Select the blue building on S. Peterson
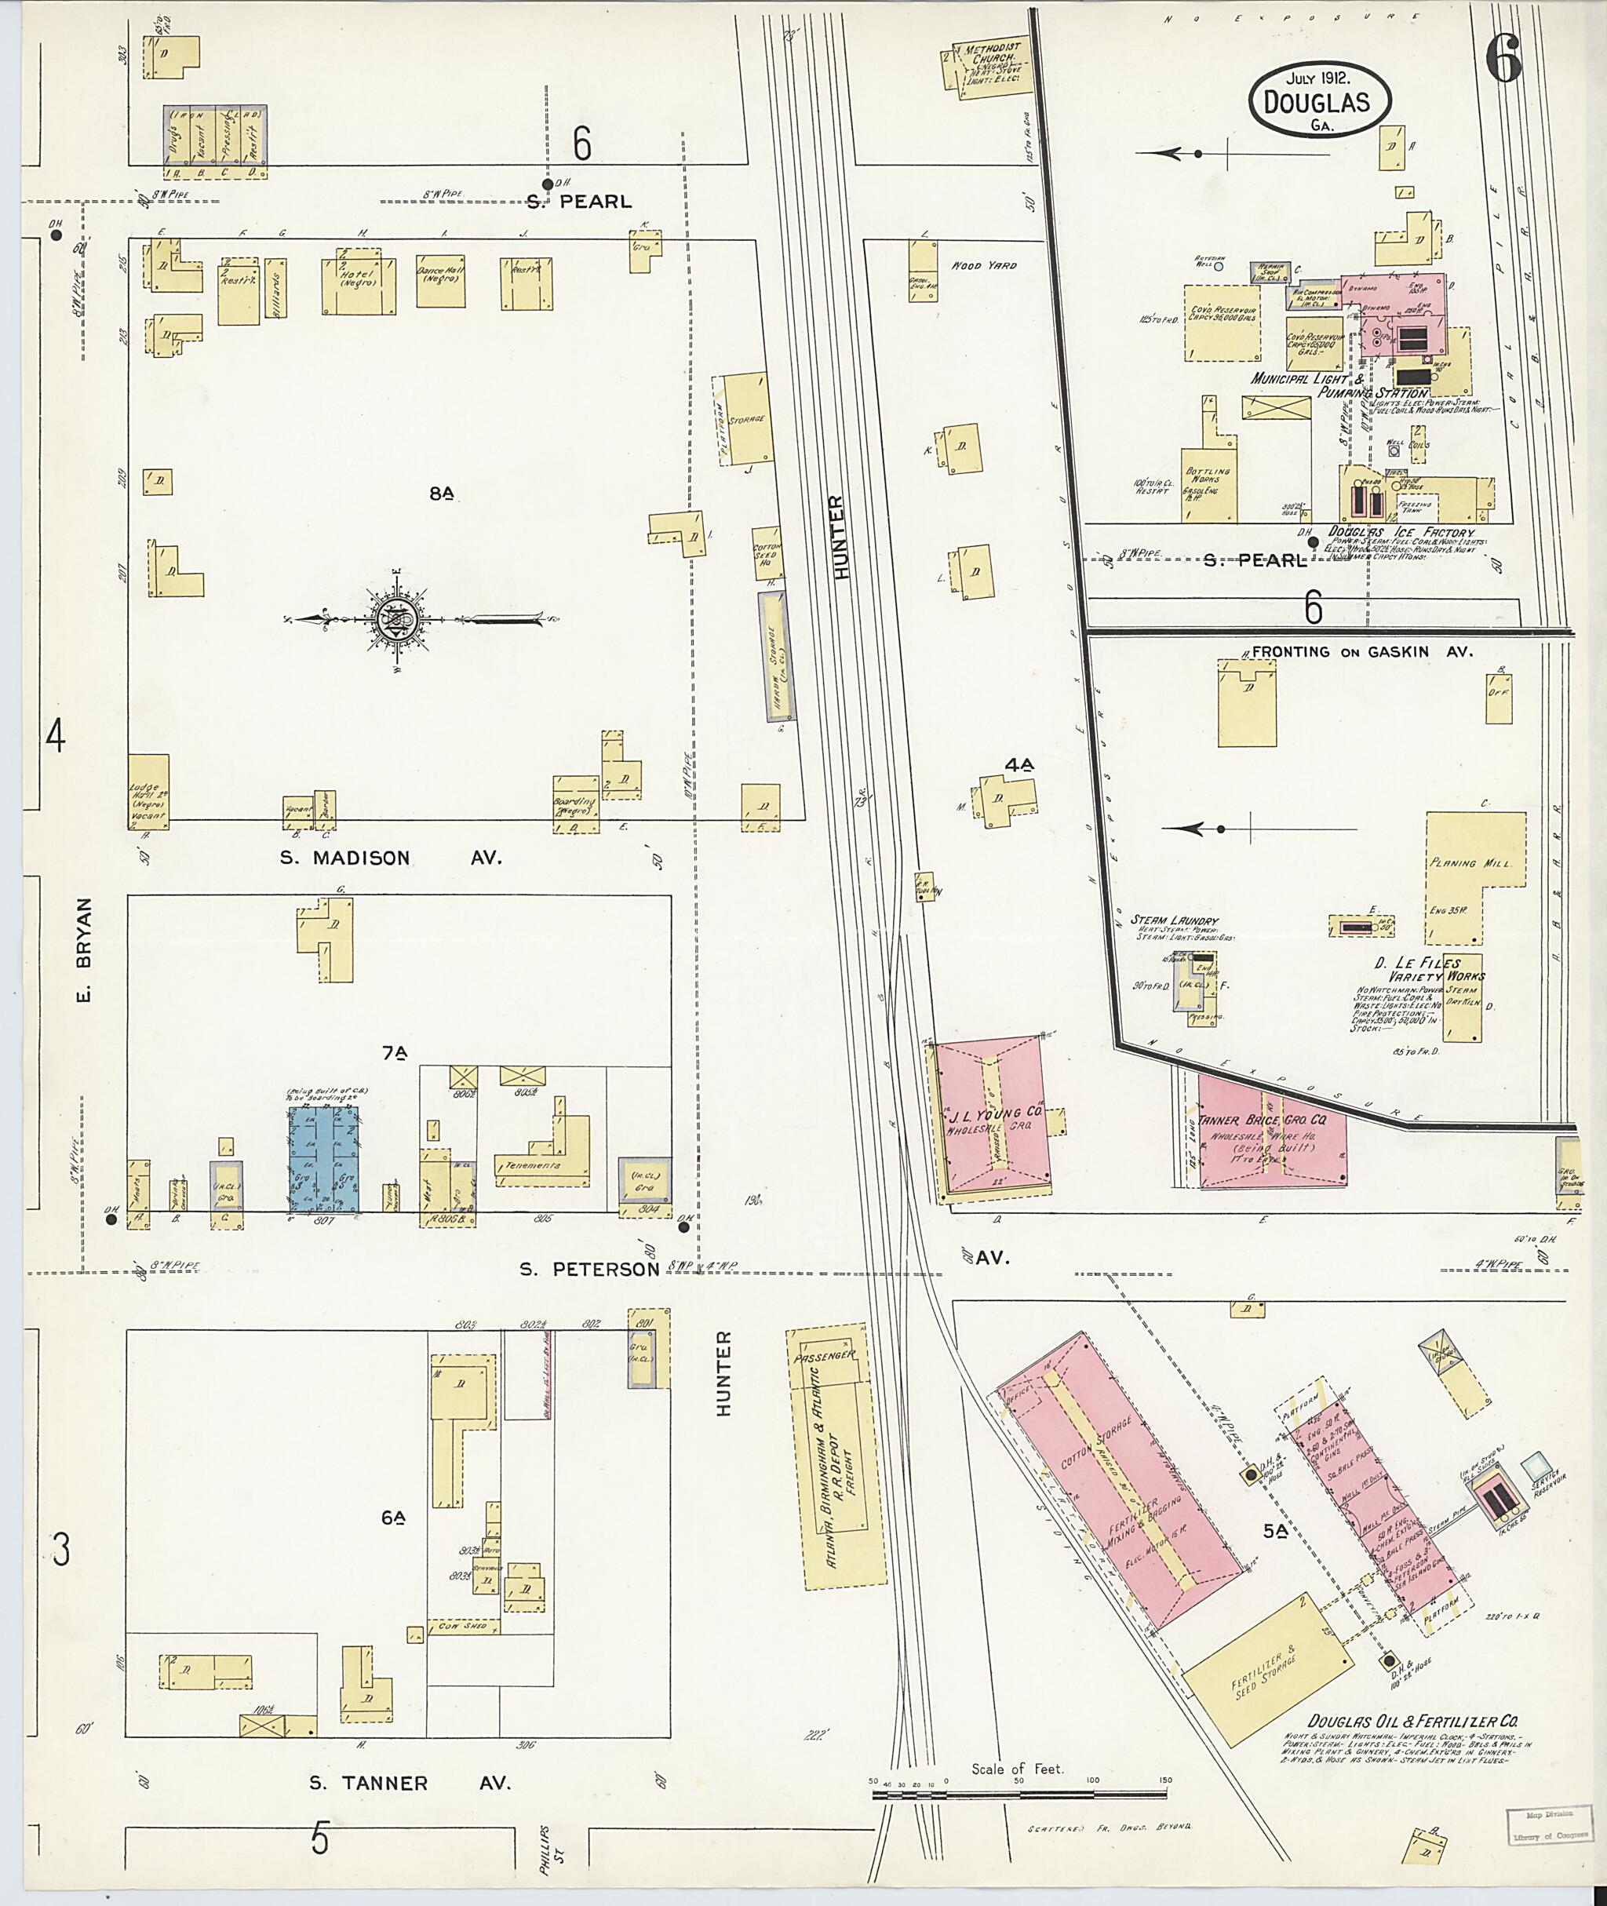pos(323,1158)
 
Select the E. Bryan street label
pos(84,948)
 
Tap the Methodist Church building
pos(989,67)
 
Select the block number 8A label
pos(442,493)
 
